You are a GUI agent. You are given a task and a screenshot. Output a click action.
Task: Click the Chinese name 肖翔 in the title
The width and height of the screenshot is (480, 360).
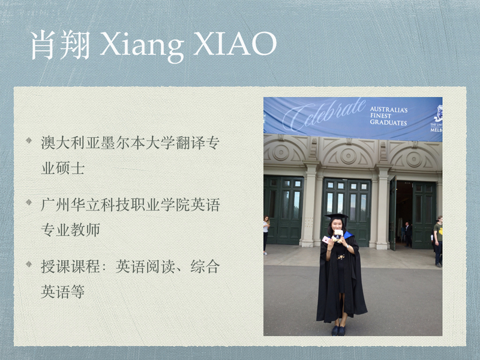(x=61, y=44)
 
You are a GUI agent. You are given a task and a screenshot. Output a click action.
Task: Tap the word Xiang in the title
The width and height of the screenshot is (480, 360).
(x=142, y=46)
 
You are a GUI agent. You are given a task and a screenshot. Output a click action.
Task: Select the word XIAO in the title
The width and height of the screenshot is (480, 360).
(x=235, y=43)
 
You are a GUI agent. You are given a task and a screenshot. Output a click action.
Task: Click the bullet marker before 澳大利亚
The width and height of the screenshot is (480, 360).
(x=29, y=140)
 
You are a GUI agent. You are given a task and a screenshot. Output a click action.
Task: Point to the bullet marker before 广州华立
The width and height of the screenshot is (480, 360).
(x=29, y=202)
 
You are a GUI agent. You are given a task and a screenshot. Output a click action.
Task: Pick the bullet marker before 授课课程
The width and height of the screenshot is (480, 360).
(x=29, y=264)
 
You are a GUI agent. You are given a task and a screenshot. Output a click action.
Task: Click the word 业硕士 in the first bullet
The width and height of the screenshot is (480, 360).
(x=63, y=168)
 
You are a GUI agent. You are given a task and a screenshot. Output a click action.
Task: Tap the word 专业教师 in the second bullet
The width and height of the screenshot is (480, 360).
(x=70, y=230)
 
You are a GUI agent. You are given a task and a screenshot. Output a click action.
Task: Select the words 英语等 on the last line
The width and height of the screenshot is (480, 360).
(x=63, y=292)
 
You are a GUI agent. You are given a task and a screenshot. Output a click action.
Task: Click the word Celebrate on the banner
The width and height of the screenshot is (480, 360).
(x=324, y=115)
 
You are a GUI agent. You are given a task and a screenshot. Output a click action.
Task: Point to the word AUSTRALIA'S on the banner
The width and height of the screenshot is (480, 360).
(x=389, y=109)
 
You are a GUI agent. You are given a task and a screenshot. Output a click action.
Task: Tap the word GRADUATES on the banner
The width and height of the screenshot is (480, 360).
(x=388, y=122)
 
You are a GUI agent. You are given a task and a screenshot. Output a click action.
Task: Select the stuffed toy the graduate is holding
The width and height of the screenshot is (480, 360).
(x=338, y=236)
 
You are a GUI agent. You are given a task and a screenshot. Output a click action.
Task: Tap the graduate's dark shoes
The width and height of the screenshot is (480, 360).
(x=338, y=331)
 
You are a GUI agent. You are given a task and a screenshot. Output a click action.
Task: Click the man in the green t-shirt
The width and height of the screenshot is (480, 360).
(x=438, y=241)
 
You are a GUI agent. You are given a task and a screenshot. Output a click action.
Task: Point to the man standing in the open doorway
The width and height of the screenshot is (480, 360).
(x=408, y=235)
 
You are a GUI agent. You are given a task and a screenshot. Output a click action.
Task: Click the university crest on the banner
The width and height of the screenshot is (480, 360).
(x=439, y=114)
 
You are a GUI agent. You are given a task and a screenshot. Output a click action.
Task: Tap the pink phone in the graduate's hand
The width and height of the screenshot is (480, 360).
(x=326, y=239)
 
